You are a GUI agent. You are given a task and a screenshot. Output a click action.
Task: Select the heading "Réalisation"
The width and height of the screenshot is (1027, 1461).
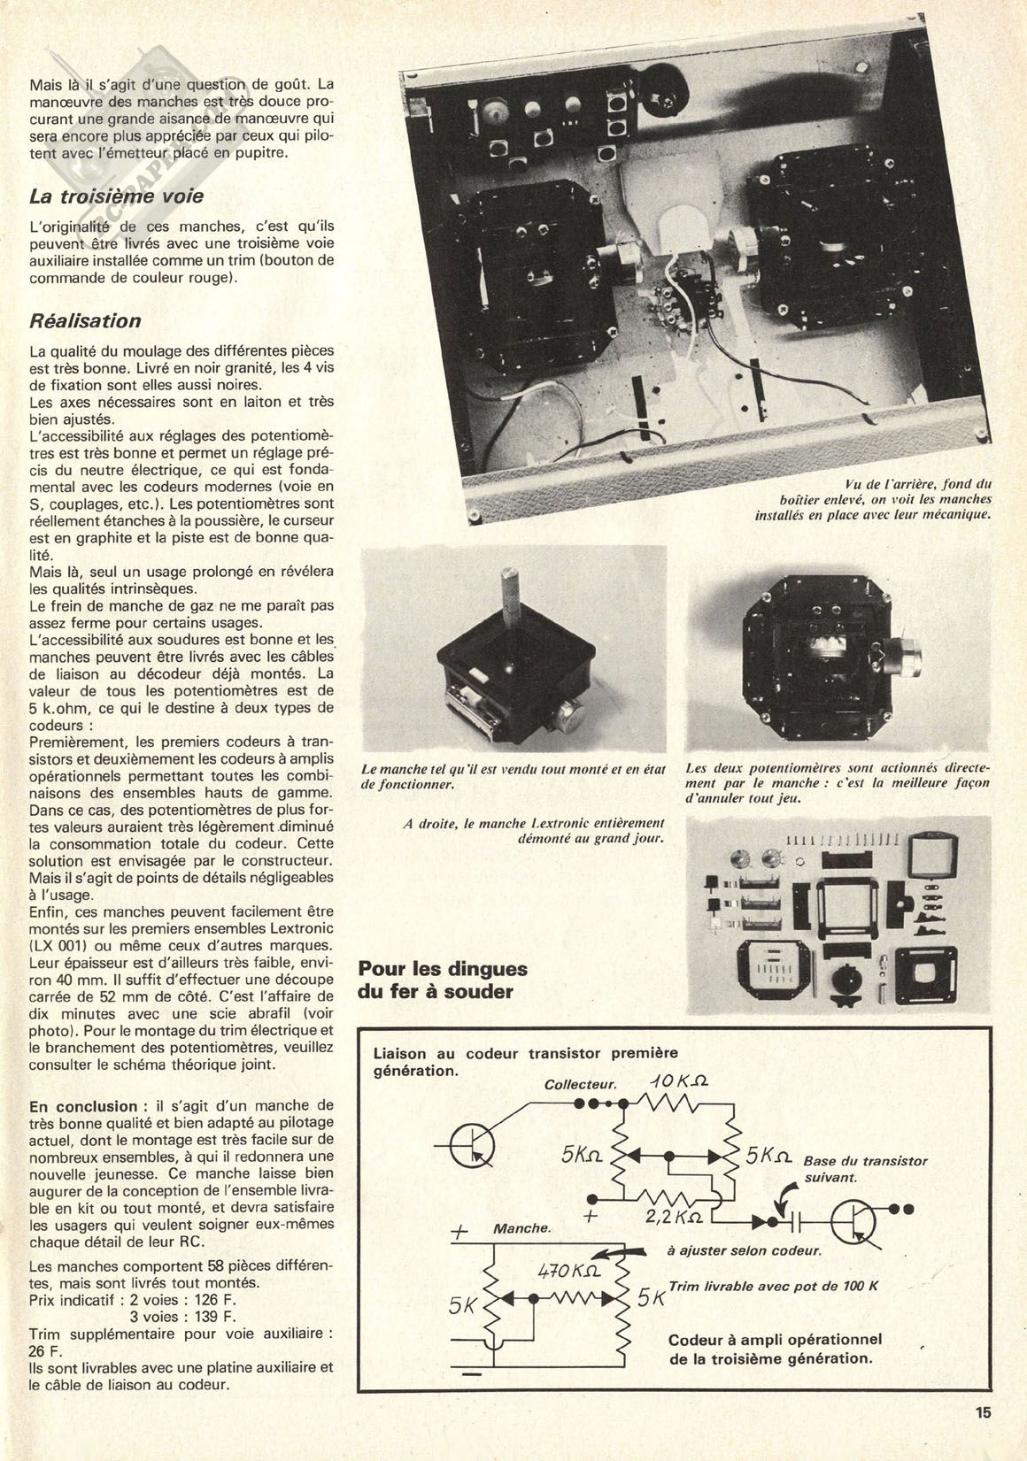(85, 321)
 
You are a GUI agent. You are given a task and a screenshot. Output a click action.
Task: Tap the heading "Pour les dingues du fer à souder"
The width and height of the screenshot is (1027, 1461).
(442, 980)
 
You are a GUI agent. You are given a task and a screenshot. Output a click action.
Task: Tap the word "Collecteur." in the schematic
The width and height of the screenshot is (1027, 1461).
(580, 1085)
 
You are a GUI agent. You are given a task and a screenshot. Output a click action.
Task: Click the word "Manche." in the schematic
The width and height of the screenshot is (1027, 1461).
(522, 1229)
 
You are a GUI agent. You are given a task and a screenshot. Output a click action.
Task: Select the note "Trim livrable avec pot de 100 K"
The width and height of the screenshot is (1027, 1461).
(774, 1288)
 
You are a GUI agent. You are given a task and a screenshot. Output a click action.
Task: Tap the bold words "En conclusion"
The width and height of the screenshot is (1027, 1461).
(83, 1106)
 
